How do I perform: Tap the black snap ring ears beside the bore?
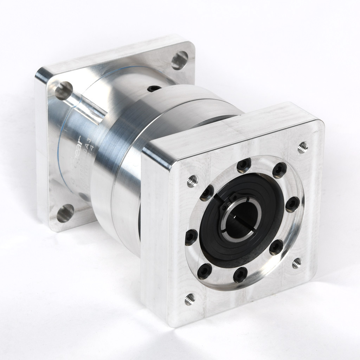coord(229,204)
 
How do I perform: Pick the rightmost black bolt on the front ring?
coord(292,204)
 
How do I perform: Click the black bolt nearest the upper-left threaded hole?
coord(207,193)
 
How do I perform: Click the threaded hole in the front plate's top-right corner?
coord(302,147)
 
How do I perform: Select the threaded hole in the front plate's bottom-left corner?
coord(189,299)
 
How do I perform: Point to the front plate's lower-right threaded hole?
coord(297,263)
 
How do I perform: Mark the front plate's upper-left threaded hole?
coord(192,181)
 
